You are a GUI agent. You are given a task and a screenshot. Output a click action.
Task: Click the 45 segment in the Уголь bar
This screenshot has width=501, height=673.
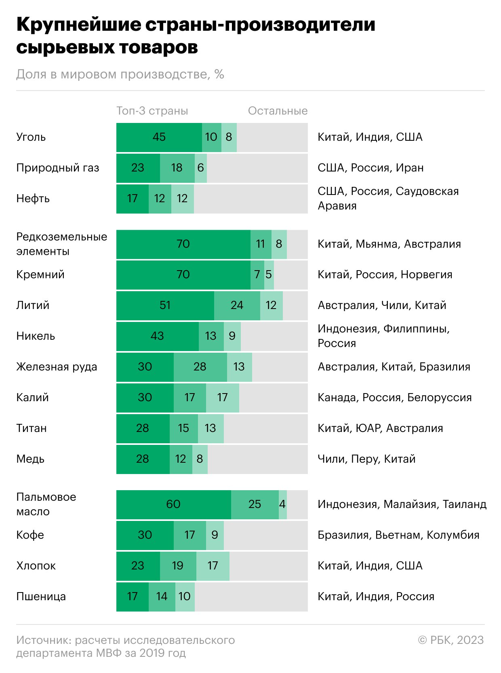coord(159,138)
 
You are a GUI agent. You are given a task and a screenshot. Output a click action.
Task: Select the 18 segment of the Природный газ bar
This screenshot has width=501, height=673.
coord(177,168)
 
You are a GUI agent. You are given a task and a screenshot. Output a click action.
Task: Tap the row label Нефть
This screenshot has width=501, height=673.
coord(33,199)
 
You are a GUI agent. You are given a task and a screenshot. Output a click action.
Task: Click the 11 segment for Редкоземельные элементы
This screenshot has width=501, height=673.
coord(261,244)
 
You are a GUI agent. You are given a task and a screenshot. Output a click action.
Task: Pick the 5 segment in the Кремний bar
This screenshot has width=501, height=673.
coord(269,275)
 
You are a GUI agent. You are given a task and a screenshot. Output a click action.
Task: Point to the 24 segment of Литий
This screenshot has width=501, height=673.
coord(237,306)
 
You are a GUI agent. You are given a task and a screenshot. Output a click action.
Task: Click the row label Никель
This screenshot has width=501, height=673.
coord(36,336)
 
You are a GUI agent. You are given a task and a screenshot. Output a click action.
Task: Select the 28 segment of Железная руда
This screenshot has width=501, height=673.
coord(200,367)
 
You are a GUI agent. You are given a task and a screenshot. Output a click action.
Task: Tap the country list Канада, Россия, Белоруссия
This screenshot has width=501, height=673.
coord(394,398)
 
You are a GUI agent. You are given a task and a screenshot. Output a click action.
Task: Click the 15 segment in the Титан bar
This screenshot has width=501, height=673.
coord(183,429)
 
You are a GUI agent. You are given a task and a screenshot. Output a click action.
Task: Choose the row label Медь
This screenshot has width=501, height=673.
coord(30,459)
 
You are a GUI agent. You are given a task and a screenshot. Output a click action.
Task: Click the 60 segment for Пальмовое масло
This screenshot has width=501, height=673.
coord(173,505)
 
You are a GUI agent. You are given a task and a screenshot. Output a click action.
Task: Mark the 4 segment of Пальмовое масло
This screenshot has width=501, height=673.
coord(282,505)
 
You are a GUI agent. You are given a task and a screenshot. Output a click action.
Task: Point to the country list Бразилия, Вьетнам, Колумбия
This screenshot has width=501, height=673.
coord(398,535)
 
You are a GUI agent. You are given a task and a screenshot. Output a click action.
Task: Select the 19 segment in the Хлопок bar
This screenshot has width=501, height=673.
coord(178,566)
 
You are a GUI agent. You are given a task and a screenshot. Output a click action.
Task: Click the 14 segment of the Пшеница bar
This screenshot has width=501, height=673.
coord(162,597)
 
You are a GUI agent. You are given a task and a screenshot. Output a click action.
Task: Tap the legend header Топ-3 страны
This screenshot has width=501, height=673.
coord(152,111)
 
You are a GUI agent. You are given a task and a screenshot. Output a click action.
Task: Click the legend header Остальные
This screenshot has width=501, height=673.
coord(278,111)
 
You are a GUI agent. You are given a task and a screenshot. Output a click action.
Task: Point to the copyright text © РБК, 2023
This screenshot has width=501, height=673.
coord(450,640)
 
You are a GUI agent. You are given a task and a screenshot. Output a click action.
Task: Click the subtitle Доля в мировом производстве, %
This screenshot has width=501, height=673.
coord(120,74)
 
